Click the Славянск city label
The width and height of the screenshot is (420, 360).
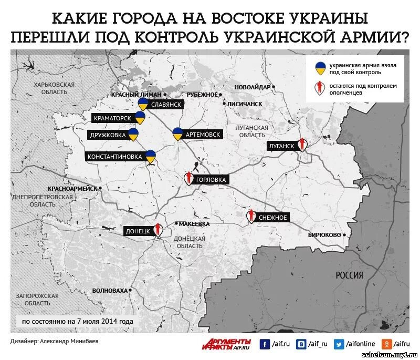166,105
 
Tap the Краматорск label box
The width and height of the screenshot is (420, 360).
113,118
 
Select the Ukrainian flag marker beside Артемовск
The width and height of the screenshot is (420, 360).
178,133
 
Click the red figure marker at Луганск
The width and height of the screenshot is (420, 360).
302,144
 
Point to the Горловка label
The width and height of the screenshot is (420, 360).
211,180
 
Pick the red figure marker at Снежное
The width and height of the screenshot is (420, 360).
251,216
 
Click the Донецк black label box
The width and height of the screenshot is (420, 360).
138,231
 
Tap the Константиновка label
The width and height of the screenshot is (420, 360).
114,157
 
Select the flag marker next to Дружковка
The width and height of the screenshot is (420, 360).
133,135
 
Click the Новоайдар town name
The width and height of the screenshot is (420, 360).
253,87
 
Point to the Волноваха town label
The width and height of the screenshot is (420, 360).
110,291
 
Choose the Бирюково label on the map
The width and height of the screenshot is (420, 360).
324,234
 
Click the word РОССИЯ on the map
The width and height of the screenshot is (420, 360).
349,275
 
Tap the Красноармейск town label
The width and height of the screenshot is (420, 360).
72,188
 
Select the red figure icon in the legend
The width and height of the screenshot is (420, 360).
319,88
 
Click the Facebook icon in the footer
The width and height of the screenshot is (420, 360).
265,344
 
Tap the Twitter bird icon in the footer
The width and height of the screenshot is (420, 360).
339,344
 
